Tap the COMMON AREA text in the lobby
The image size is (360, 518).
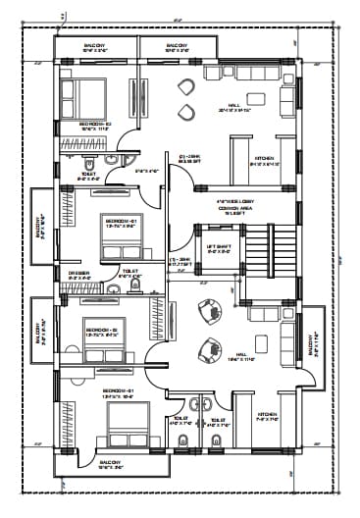click(x=232, y=209)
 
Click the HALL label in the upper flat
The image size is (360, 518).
click(x=232, y=107)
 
